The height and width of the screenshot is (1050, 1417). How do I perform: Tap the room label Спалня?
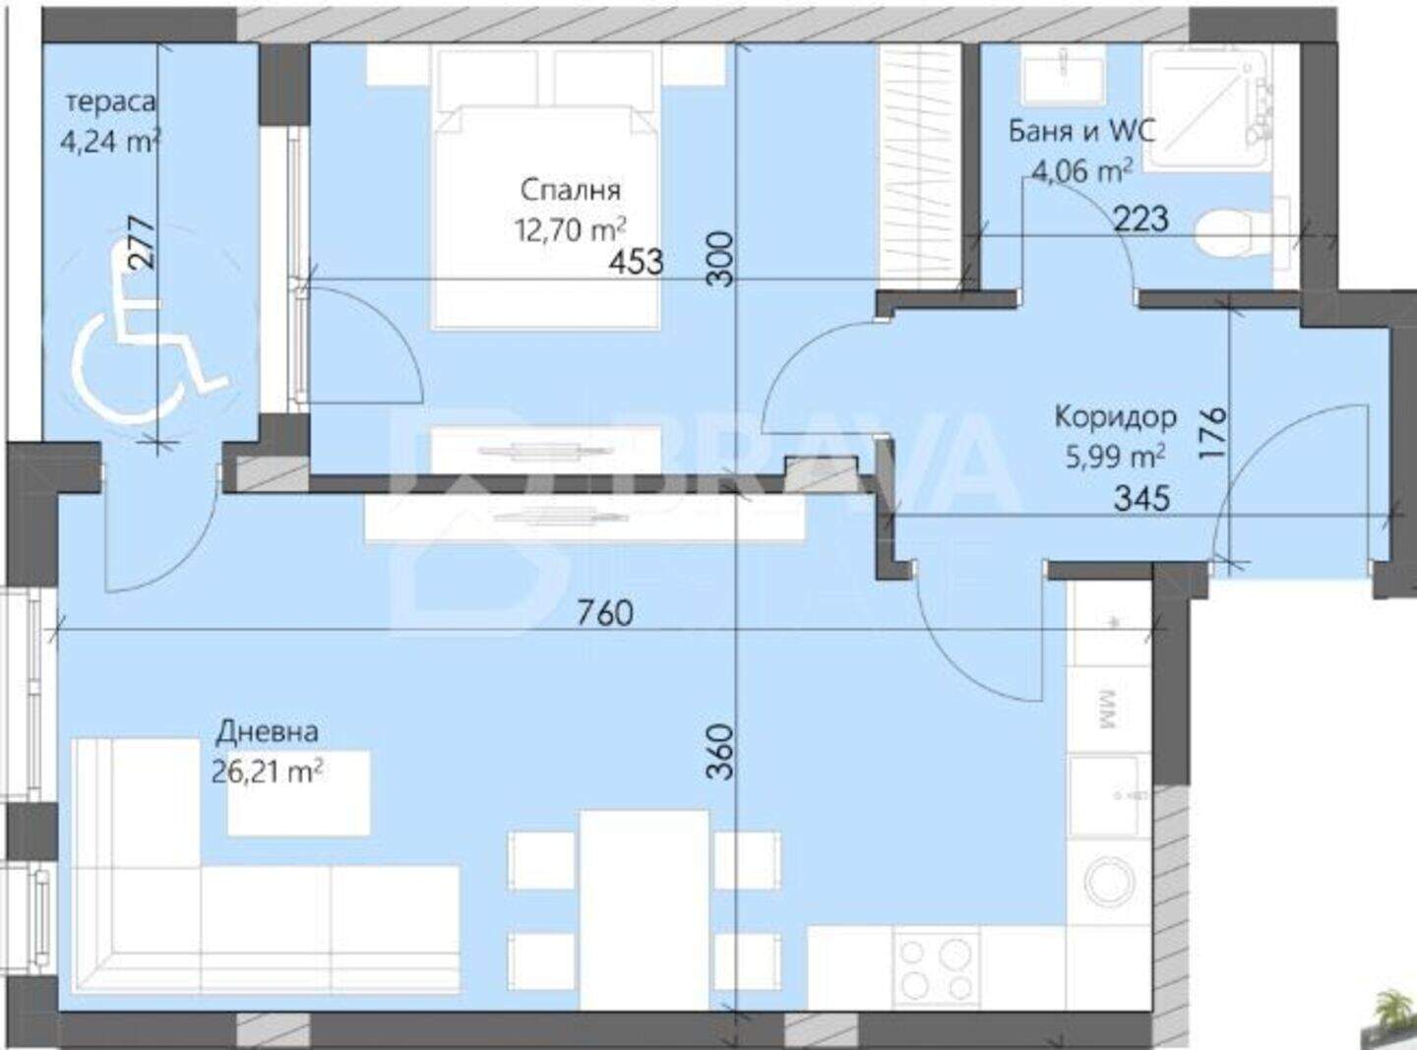tap(571, 191)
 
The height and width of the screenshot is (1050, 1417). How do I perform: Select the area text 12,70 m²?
tap(571, 230)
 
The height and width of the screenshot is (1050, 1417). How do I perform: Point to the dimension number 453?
tap(636, 262)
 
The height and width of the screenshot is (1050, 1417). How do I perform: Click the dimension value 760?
tap(605, 613)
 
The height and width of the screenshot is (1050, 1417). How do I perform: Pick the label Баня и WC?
tap(1082, 132)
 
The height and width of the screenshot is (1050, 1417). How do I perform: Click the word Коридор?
tap(1115, 417)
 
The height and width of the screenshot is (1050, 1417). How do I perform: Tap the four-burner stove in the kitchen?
tap(937, 969)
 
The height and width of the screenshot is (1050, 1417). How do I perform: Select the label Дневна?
tap(267, 732)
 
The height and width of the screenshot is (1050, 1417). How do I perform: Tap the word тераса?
tap(110, 101)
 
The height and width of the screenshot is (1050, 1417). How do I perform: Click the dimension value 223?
tap(1141, 219)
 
